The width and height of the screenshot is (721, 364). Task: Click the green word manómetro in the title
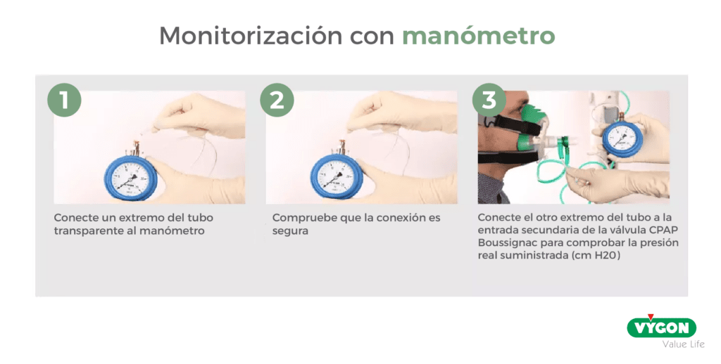(x=478, y=36)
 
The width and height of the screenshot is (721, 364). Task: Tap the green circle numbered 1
(x=64, y=100)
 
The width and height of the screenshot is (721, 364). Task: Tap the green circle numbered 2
(x=277, y=100)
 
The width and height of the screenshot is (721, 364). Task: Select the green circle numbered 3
(x=489, y=100)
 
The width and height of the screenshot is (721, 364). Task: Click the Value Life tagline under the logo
(x=678, y=344)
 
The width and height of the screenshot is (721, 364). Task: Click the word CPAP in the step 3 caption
(x=663, y=230)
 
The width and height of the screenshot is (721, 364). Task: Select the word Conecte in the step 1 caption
(x=75, y=218)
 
